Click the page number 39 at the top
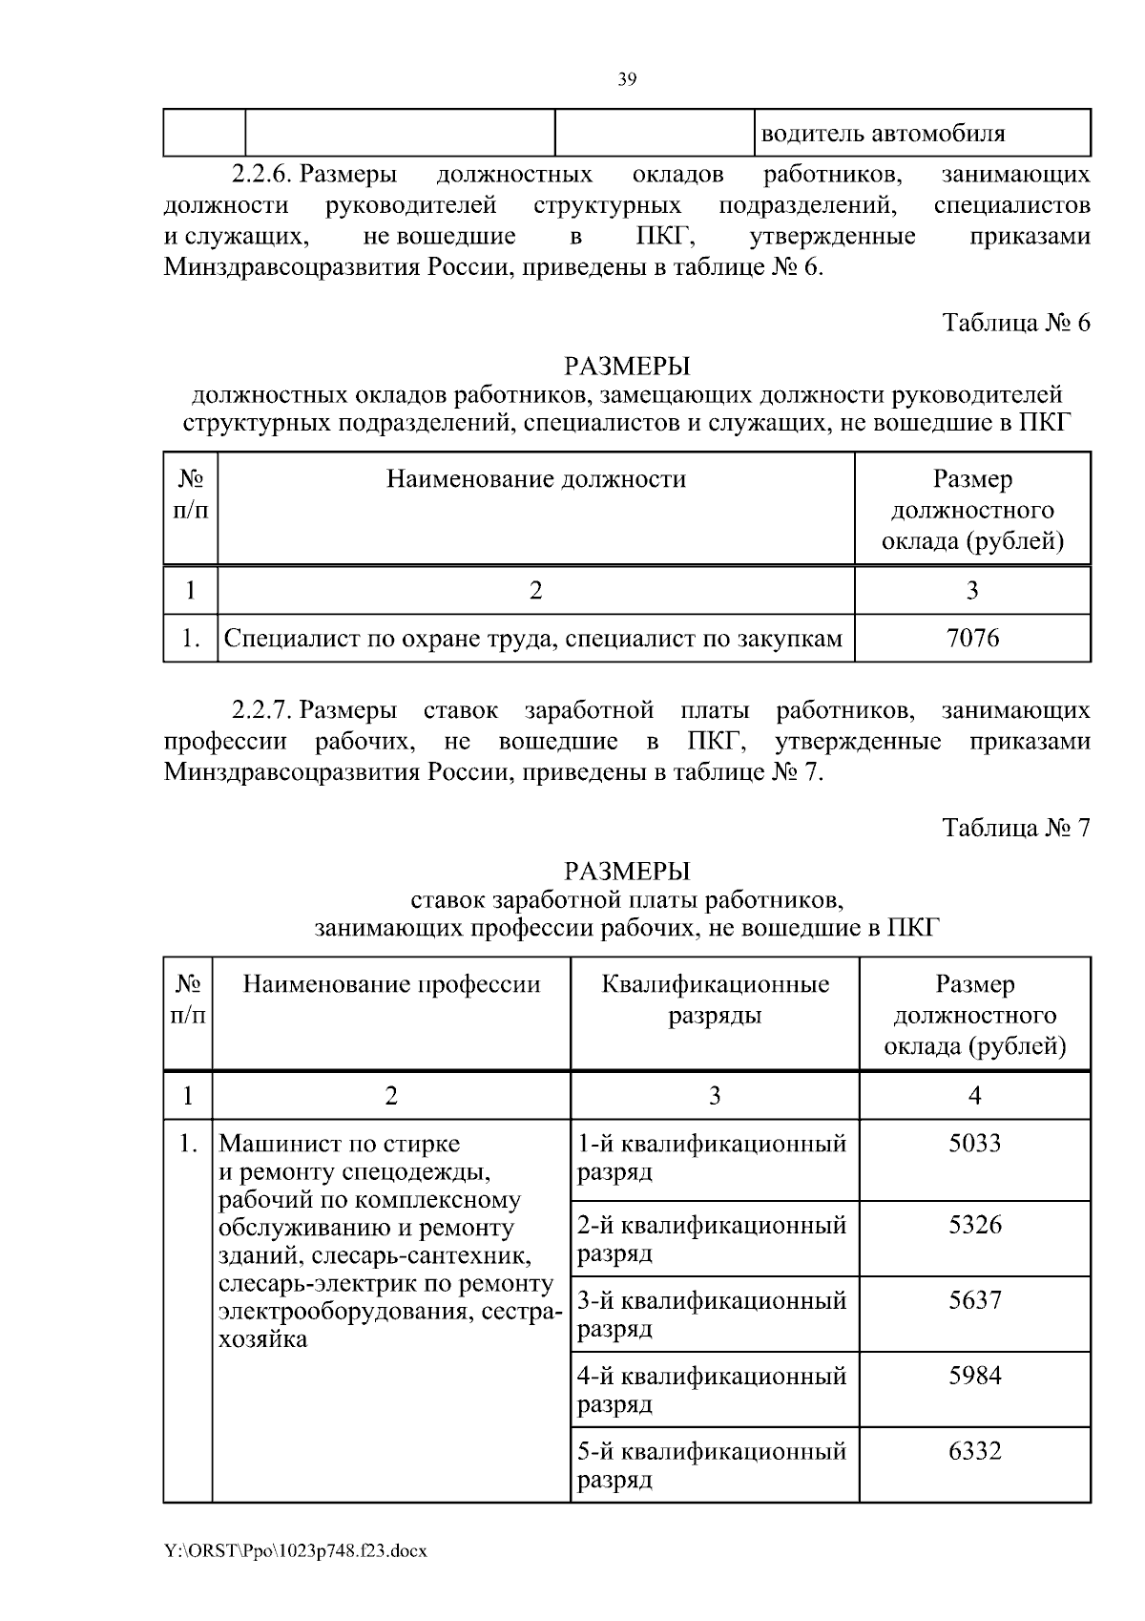click(627, 80)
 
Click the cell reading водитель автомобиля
click(882, 134)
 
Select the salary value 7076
click(972, 638)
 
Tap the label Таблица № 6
click(1016, 323)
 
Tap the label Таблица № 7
click(1016, 827)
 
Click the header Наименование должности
click(535, 479)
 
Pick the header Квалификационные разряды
click(715, 1000)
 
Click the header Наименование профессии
click(391, 984)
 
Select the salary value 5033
click(974, 1143)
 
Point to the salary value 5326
click(974, 1225)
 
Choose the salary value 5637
click(974, 1300)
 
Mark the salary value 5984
click(974, 1376)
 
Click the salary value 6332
click(974, 1451)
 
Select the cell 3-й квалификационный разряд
click(712, 1314)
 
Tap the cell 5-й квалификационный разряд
click(712, 1464)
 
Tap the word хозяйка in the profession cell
click(263, 1339)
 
